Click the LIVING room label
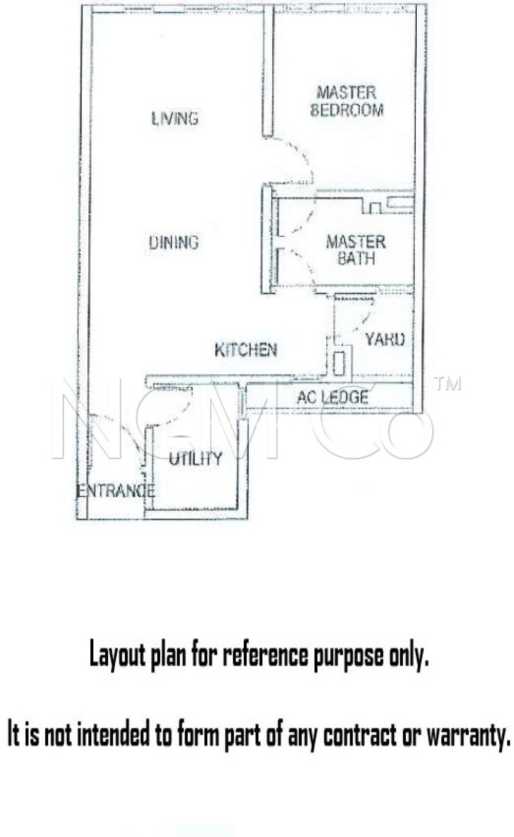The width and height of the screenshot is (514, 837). (175, 119)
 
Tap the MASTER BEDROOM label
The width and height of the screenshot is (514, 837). (347, 101)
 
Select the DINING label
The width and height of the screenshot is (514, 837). (174, 242)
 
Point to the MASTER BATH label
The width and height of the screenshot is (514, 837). (356, 250)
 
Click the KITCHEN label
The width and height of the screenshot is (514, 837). (246, 350)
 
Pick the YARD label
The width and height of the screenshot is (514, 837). (385, 339)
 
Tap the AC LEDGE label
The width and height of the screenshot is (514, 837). (332, 397)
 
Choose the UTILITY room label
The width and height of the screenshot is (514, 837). (196, 459)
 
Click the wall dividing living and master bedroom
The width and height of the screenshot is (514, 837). (268, 72)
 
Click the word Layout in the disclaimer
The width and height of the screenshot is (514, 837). (117, 655)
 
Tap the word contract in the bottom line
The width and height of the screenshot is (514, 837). (360, 734)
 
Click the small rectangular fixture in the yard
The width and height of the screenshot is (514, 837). (339, 363)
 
